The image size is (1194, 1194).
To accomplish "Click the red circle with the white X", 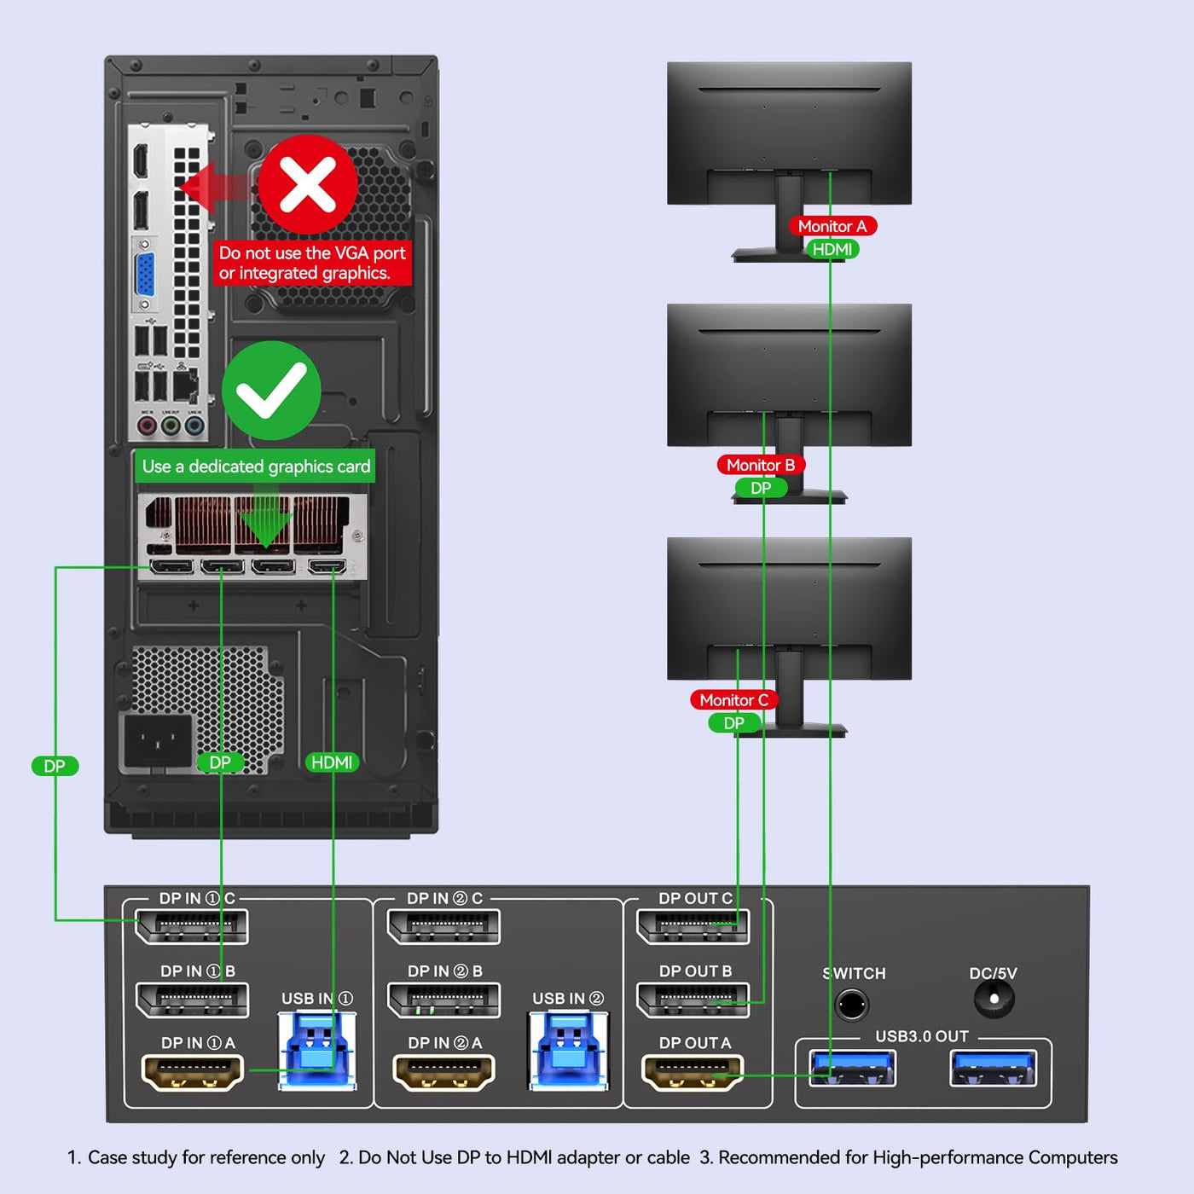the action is coord(308,184).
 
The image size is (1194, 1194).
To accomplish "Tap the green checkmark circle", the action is coord(271,391).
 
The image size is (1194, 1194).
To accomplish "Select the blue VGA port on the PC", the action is coord(145,275).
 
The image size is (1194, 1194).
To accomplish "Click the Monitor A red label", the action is coord(832,226).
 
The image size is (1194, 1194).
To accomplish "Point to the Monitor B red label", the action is coord(761,465).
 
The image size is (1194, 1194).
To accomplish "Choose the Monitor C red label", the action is coord(734,700).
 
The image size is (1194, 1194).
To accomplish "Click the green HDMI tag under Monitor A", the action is coord(832,249).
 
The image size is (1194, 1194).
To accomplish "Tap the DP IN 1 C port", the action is coord(192,926).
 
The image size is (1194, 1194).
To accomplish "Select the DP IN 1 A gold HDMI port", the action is coord(193,1073).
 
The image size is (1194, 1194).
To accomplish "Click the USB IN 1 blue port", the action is coord(317,1050).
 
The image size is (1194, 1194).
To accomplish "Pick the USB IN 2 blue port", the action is coord(568,1050).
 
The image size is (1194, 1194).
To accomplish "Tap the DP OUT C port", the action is coord(693,926).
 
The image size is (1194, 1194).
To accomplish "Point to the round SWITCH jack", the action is coord(852,1005).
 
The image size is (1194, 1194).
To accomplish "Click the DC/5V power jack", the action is coord(994,999).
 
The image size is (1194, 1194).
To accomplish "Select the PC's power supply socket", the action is coord(158,741).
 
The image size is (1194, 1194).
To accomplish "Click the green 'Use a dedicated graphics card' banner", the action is coord(255,466).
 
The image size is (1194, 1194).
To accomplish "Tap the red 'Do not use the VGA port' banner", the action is coord(312,263).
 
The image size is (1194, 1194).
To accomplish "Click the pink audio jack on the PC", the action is coord(147,426).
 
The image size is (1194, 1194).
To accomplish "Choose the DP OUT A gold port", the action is coord(693,1073).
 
